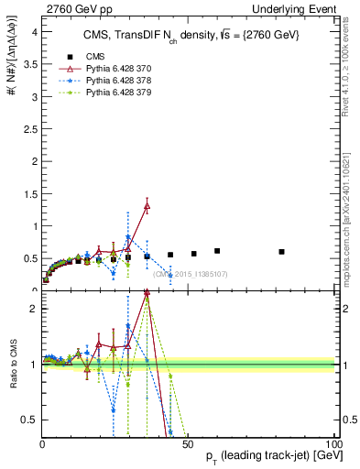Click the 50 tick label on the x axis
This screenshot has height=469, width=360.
187,444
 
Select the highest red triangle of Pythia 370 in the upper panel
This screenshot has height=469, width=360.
147,206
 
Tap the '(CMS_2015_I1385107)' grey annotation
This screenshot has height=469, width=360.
190,274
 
